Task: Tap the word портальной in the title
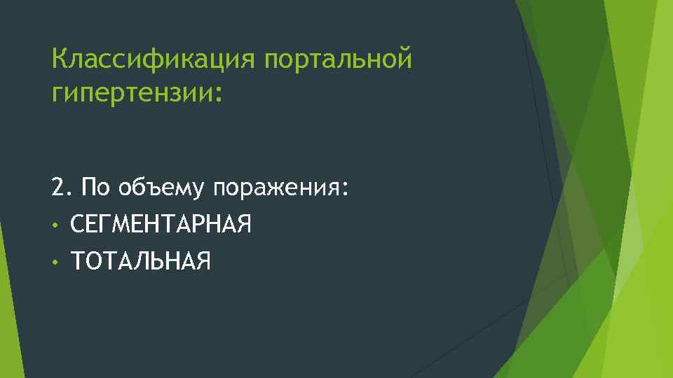(338, 60)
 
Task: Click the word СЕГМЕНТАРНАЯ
(161, 225)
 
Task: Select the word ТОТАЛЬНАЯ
(140, 261)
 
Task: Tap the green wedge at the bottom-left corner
(11, 329)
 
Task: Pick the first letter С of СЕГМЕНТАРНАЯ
(78, 225)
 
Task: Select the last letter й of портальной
(404, 59)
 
